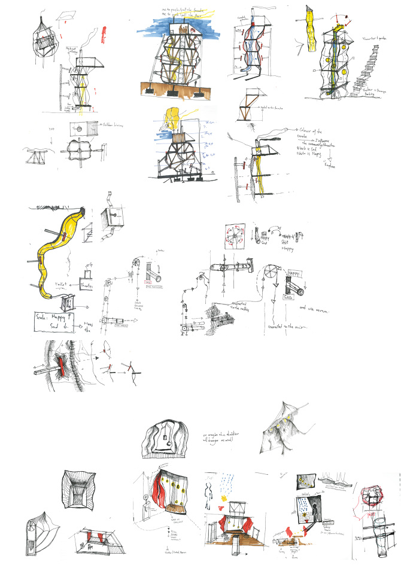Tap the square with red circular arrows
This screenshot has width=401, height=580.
[x=235, y=236]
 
